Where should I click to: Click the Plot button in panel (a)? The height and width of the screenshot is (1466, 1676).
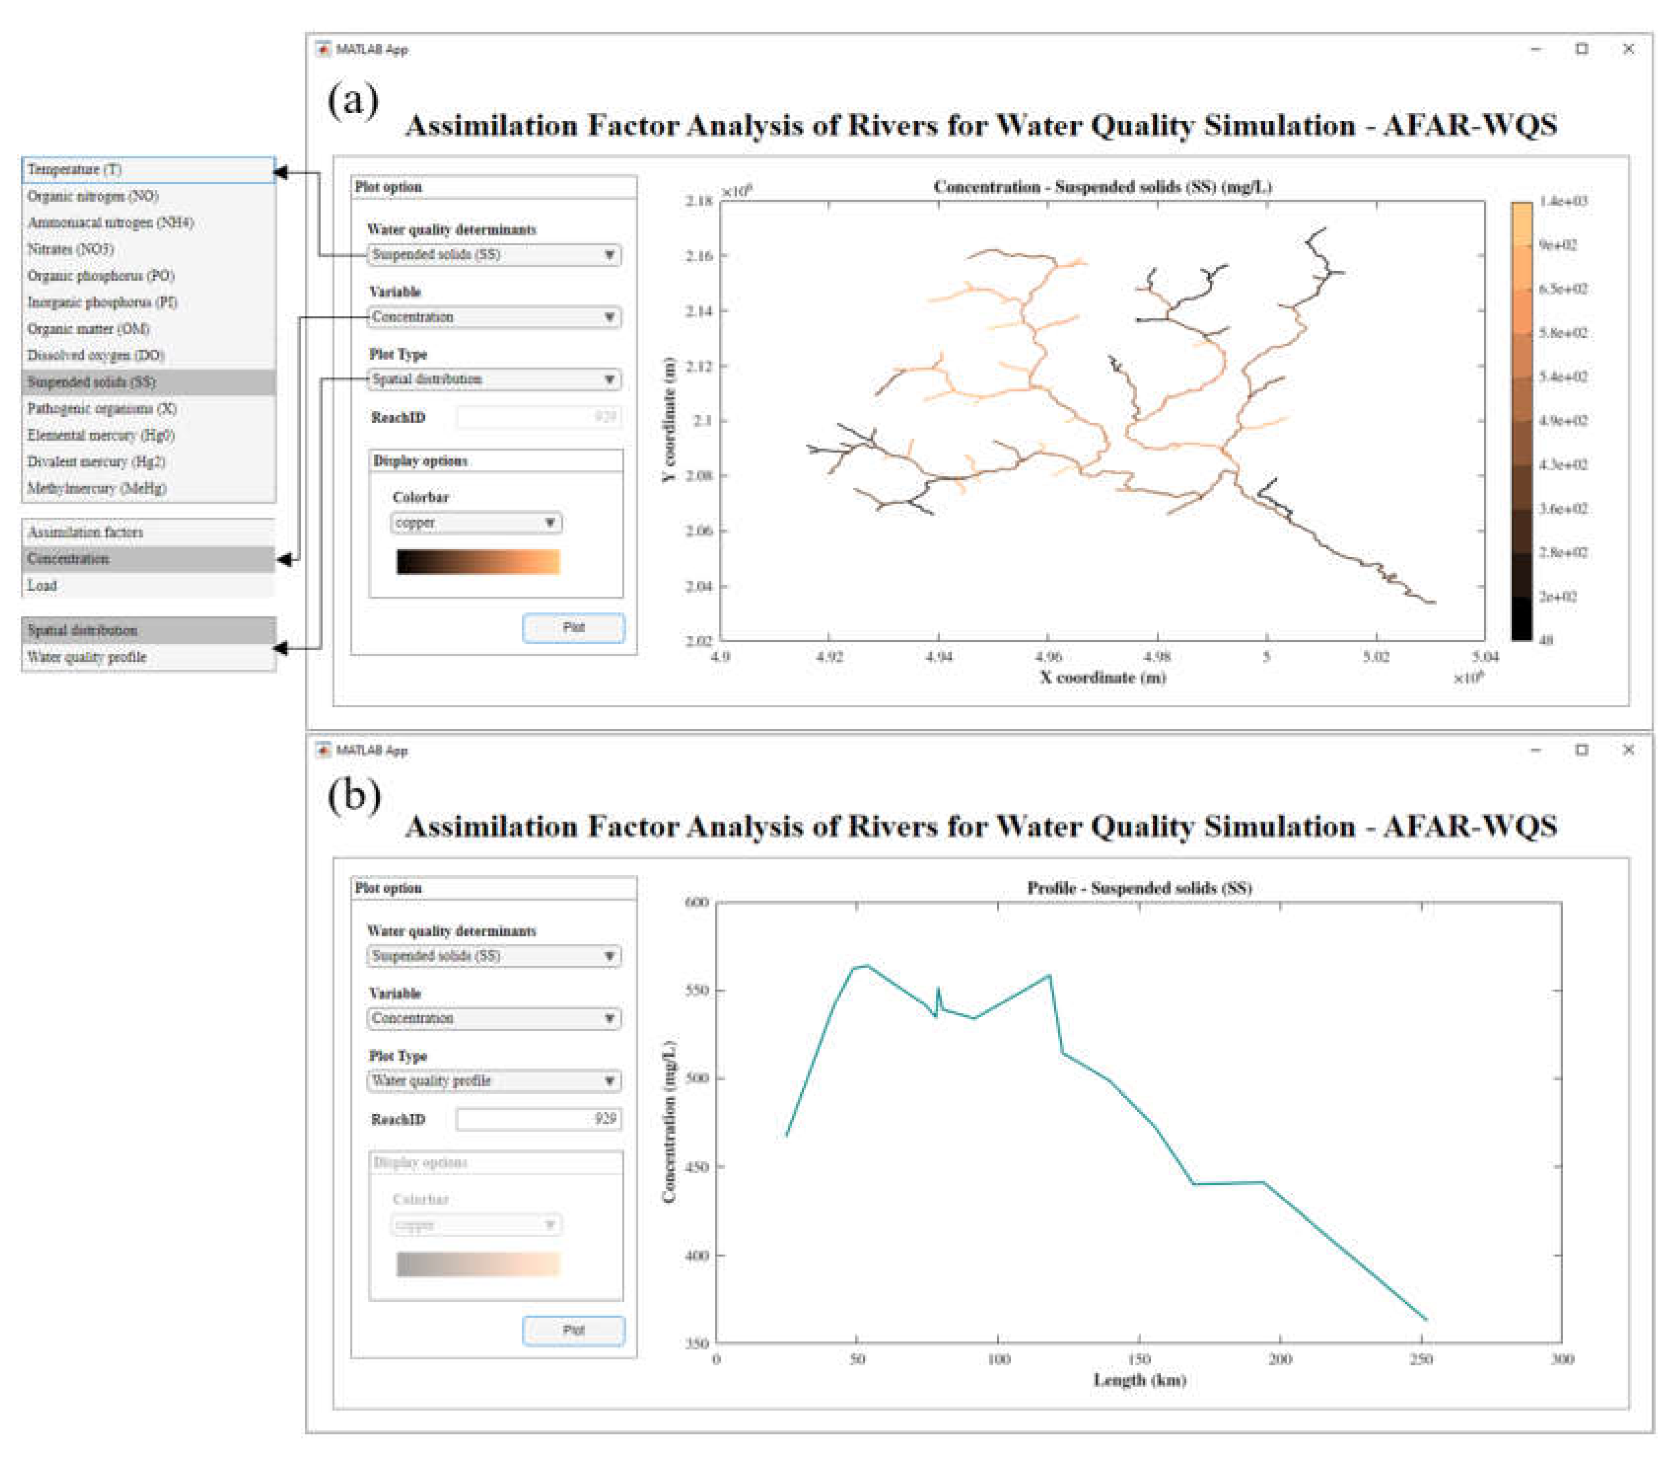[x=573, y=627]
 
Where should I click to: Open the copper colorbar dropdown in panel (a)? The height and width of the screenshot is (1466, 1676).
[x=476, y=522]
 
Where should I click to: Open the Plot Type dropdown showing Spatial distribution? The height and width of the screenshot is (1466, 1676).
[x=493, y=379]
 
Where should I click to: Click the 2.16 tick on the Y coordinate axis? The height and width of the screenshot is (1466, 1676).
[x=699, y=256]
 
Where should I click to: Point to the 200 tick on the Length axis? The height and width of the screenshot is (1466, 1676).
[x=1280, y=1359]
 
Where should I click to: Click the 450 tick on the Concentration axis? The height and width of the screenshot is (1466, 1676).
[x=697, y=1167]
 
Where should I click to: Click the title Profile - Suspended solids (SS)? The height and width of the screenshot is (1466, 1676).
[x=1139, y=888]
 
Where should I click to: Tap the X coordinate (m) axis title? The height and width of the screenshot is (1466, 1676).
[x=1103, y=678]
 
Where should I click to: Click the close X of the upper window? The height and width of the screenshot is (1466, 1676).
[x=1628, y=49]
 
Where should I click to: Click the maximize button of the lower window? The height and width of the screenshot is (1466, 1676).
[x=1582, y=750]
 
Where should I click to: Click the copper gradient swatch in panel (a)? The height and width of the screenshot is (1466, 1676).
[x=478, y=562]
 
